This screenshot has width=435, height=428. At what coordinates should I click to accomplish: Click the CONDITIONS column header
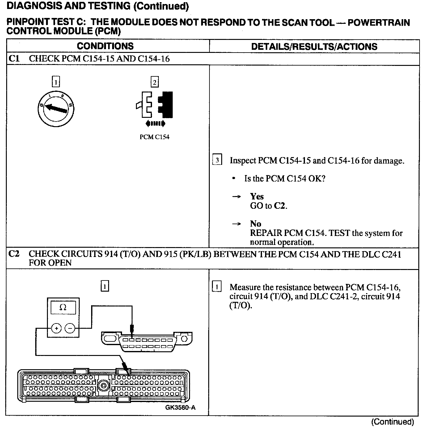pos(105,46)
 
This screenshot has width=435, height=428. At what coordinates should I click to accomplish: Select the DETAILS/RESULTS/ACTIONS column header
pos(314,47)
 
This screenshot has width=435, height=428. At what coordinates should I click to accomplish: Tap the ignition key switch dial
pos(55,109)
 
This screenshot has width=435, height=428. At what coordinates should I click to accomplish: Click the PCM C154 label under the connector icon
pos(154,137)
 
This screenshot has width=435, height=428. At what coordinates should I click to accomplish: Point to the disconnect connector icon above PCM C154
pos(154,105)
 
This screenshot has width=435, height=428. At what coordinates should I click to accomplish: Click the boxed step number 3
pos(217,160)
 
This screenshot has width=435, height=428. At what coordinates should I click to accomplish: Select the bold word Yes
pos(257,196)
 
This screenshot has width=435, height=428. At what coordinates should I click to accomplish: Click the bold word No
pos(256,224)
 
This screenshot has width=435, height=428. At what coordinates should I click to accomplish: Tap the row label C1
pos(14,58)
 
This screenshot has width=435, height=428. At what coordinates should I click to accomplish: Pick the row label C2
pos(14,254)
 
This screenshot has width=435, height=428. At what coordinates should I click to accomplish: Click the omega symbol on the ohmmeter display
pos(63,307)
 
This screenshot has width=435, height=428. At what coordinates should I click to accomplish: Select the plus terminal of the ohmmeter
pos(56,328)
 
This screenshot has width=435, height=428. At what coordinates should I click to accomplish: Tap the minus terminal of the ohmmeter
pos(70,328)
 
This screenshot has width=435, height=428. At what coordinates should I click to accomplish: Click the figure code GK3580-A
pos(180,407)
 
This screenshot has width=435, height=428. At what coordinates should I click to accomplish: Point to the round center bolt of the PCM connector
pos(103,385)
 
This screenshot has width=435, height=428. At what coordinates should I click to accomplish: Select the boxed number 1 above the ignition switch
pos(56,82)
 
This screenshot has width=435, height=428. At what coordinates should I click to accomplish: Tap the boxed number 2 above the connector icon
pos(154,82)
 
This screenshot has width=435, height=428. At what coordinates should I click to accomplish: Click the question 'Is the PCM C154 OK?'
pos(285,178)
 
